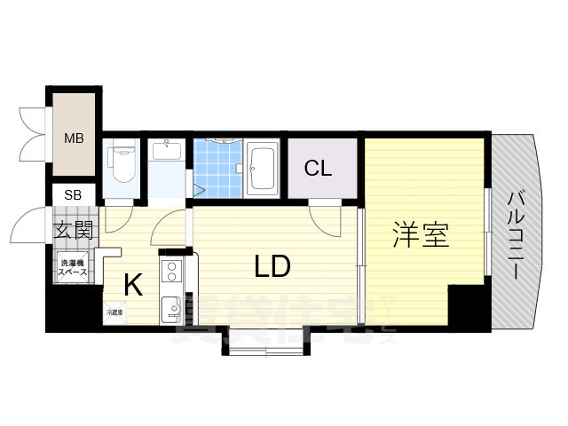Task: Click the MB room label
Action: coord(74,138)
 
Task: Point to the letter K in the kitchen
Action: coord(133,285)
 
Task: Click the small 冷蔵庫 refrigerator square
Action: coord(114,312)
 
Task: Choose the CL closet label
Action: coord(319,169)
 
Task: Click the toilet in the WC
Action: coord(121,163)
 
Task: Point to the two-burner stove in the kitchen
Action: coord(171,269)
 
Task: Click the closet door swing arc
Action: coord(324,218)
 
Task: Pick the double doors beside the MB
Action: coord(32,133)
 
